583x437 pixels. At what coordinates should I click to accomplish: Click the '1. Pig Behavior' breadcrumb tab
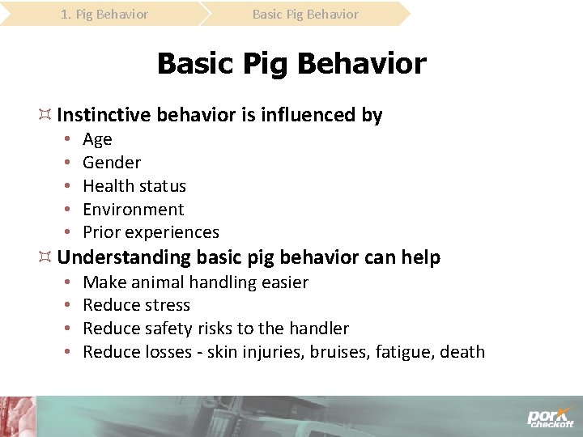(x=104, y=14)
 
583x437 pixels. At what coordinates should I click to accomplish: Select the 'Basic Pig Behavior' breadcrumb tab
(x=305, y=14)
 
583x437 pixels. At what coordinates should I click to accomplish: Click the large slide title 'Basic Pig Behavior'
(x=291, y=63)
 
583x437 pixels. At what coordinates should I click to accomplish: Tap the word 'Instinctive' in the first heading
(x=104, y=115)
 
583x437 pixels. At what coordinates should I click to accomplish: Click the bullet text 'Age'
(x=97, y=139)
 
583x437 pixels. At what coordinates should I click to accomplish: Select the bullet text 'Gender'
(x=112, y=163)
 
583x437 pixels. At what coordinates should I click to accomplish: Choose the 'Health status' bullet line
(x=134, y=186)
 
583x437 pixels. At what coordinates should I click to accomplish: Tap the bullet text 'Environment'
(x=134, y=209)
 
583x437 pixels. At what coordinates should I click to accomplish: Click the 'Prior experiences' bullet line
(x=151, y=232)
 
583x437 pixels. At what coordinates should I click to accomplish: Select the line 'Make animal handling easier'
(x=195, y=282)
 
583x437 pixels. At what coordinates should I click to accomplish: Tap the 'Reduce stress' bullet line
(x=136, y=305)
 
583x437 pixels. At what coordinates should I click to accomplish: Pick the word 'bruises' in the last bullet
(x=338, y=352)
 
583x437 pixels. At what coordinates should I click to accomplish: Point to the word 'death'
(x=462, y=352)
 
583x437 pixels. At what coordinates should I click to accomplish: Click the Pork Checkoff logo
(x=551, y=416)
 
